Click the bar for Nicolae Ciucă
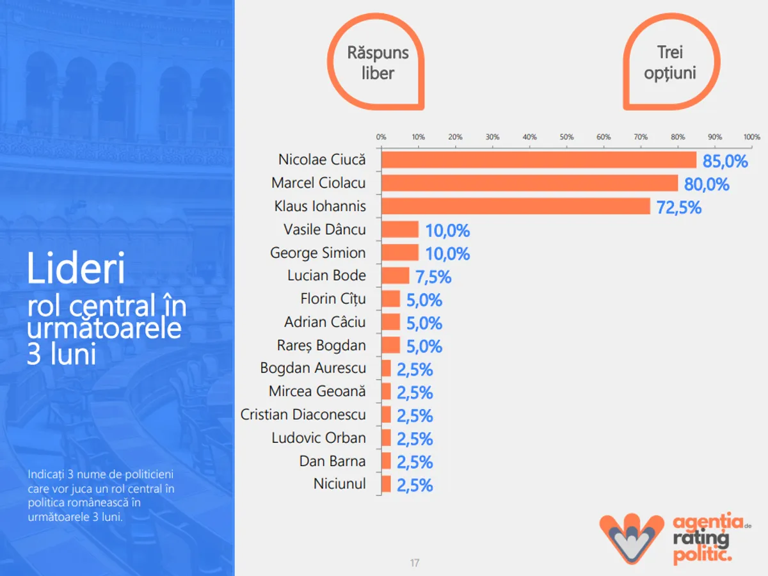click(539, 160)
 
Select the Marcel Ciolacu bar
click(530, 183)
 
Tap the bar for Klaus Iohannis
click(516, 206)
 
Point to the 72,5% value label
click(678, 207)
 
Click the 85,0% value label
click(725, 161)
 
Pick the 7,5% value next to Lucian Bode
click(434, 277)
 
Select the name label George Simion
click(318, 253)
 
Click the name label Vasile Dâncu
click(324, 229)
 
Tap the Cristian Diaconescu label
click(303, 415)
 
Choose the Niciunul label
click(340, 484)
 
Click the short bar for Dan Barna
click(386, 461)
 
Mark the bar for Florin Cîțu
click(390, 299)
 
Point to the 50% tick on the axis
click(566, 137)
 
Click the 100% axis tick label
click(752, 137)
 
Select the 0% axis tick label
click(381, 137)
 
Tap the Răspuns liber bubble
click(378, 63)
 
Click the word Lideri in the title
click(76, 269)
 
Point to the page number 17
click(415, 563)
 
